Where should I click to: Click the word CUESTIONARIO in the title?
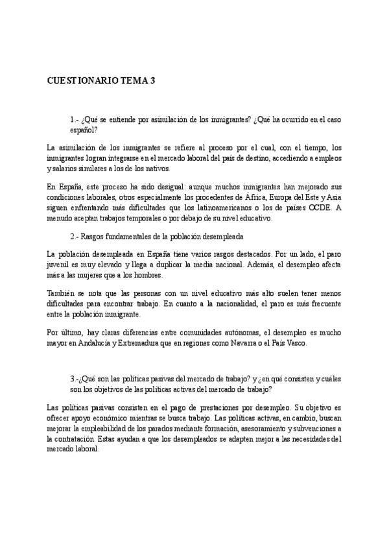pyautogui.click(x=82, y=81)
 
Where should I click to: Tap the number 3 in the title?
pyautogui.click(x=152, y=81)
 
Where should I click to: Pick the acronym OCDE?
pyautogui.click(x=319, y=208)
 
